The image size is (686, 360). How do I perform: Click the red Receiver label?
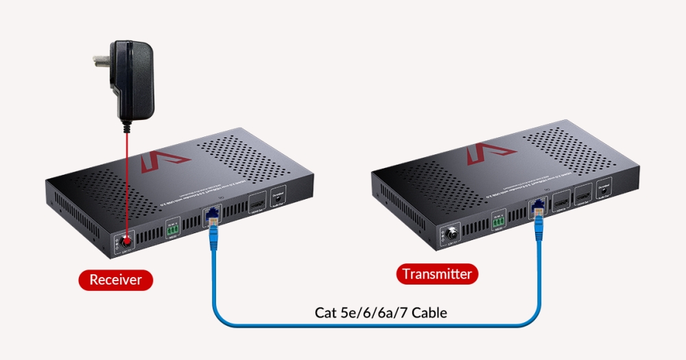coord(115,279)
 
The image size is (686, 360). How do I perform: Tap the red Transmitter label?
coord(437,274)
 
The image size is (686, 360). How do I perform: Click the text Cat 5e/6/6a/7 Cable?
coord(381,313)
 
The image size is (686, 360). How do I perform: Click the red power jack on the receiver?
coord(126,241)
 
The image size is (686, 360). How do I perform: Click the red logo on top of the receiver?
coord(165,161)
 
